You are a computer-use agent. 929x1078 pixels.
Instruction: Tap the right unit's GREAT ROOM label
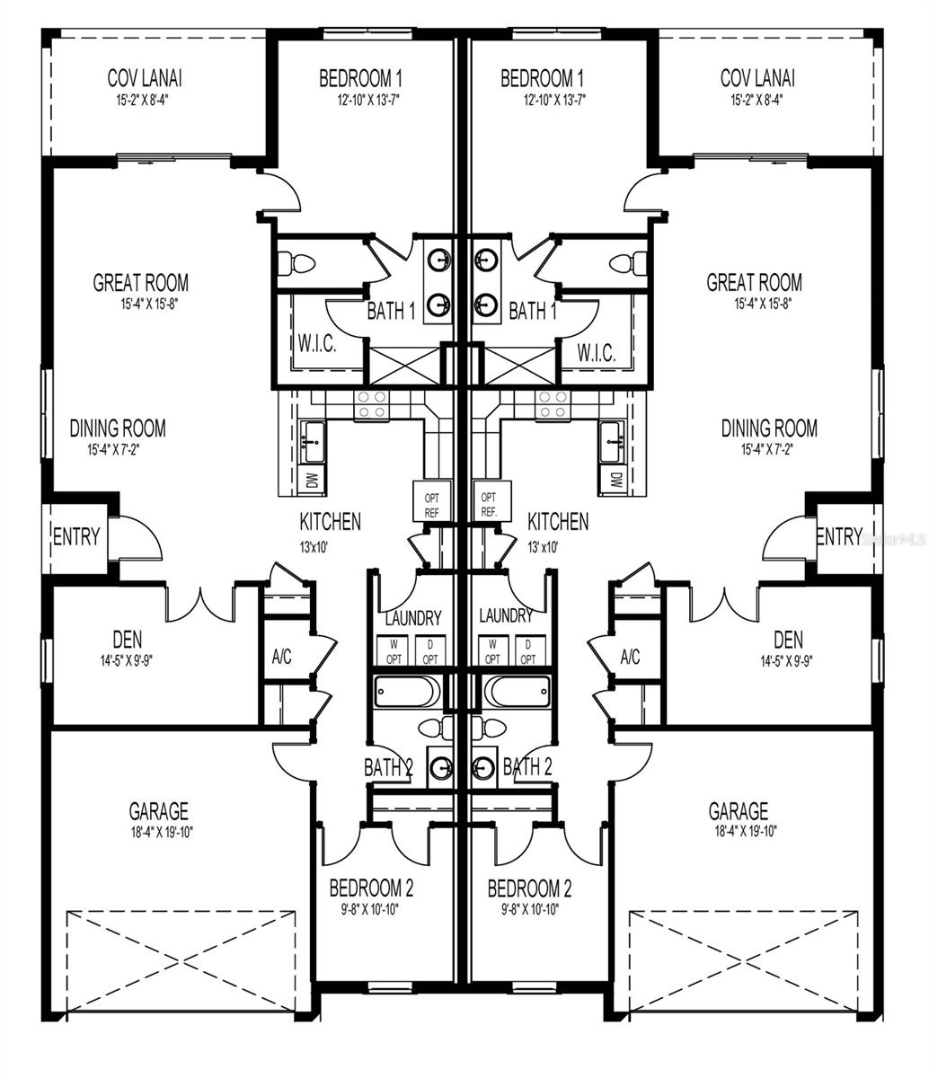[754, 283]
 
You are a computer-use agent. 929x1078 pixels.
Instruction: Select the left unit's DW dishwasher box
[311, 481]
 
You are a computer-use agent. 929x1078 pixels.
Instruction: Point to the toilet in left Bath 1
[296, 263]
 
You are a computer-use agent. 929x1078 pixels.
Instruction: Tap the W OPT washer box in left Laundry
[393, 651]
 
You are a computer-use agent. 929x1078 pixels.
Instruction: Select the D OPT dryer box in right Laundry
[527, 651]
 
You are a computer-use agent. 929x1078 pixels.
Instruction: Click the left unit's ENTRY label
[76, 537]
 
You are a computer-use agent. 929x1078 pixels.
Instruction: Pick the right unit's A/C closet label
[630, 657]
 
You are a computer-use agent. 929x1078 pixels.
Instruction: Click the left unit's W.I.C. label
[317, 346]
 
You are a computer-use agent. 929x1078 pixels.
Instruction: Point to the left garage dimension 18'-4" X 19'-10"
[158, 832]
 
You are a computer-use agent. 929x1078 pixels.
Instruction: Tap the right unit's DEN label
[788, 640]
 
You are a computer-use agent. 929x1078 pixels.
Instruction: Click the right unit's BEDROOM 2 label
[529, 888]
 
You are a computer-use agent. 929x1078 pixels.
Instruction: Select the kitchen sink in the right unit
[614, 441]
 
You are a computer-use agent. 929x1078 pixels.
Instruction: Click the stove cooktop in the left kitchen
[371, 405]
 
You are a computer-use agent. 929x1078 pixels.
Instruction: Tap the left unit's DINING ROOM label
[118, 429]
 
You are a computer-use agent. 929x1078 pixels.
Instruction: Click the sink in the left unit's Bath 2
[440, 768]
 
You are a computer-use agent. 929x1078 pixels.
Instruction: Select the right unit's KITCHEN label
[558, 521]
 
